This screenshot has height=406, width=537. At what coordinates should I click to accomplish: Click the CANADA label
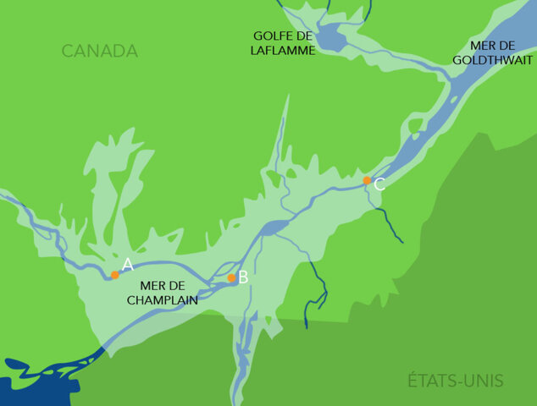(100, 52)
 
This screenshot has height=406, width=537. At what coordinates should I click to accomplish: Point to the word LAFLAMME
(284, 51)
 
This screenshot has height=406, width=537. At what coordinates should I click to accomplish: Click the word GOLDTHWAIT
(492, 60)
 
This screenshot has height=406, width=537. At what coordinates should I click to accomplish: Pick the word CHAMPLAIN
(162, 299)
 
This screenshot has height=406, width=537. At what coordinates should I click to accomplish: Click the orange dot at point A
(115, 275)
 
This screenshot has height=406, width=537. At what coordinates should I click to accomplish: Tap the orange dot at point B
(231, 277)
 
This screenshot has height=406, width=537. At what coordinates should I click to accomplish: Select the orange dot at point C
(367, 180)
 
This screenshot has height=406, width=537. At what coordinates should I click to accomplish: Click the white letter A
(128, 265)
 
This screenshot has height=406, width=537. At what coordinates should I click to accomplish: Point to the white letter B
(243, 277)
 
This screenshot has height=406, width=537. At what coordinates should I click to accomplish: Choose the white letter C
(379, 184)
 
